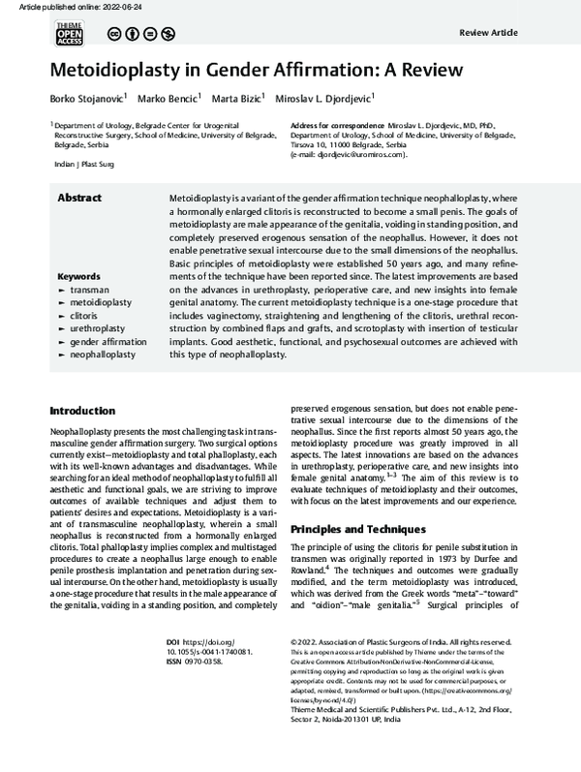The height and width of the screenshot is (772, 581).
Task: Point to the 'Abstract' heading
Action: click(x=81, y=197)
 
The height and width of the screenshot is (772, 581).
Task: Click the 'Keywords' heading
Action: click(x=80, y=275)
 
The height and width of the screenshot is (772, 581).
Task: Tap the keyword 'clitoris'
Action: click(x=88, y=316)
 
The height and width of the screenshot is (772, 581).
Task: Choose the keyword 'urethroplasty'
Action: click(x=98, y=329)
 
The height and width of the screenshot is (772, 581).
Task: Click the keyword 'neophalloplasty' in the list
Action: click(x=103, y=355)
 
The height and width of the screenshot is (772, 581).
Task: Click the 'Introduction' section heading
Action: click(x=89, y=411)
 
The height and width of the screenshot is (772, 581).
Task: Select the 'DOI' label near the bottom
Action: click(x=173, y=613)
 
